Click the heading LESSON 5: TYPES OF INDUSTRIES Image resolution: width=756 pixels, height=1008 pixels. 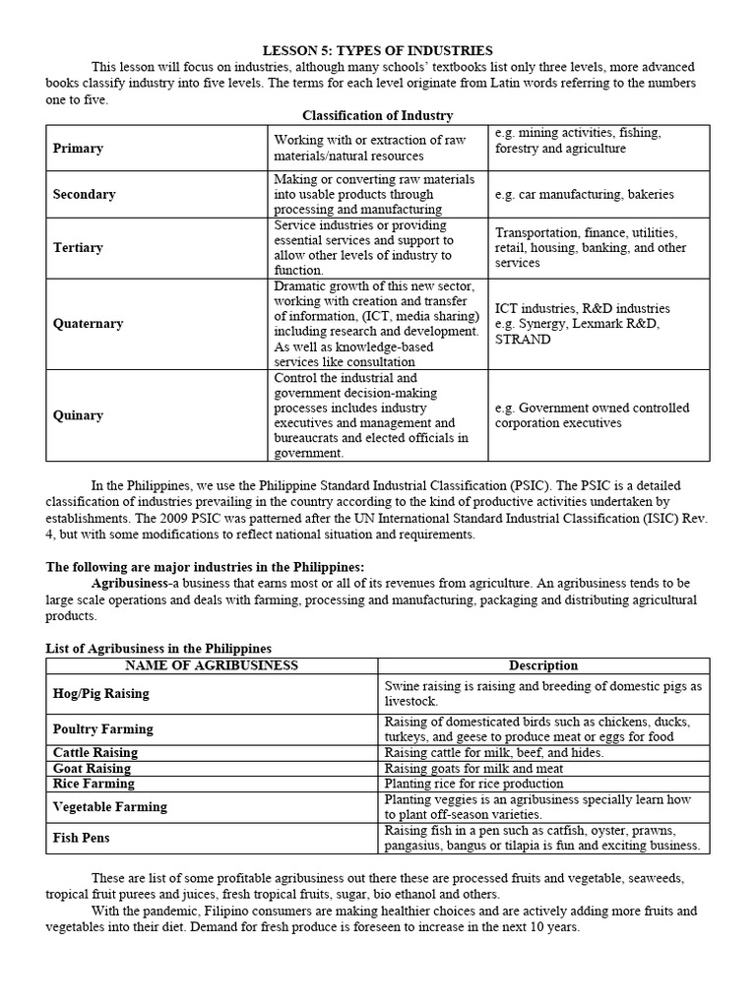(x=377, y=50)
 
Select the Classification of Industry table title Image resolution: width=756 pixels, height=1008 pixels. (x=377, y=115)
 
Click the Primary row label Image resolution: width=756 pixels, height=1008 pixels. (x=78, y=149)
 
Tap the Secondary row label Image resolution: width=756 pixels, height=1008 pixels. (x=84, y=194)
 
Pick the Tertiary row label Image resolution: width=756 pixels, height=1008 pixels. (x=78, y=248)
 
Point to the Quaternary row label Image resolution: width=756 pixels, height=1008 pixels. (x=88, y=324)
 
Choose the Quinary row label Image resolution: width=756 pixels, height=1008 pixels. (x=78, y=415)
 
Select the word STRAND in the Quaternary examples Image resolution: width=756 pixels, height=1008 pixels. (x=523, y=340)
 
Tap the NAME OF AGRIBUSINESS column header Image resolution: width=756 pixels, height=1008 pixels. (x=212, y=666)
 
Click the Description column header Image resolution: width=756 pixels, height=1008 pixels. (x=543, y=666)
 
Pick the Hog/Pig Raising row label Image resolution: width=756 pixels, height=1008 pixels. (x=100, y=694)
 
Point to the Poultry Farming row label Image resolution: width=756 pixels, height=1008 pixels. (x=102, y=729)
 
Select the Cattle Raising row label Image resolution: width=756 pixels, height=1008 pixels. (x=94, y=753)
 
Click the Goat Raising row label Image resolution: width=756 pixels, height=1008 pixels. (x=92, y=769)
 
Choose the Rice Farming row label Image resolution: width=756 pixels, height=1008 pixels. (x=94, y=785)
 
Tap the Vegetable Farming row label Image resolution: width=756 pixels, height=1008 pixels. (x=109, y=807)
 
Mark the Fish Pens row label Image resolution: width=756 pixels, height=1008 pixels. (x=81, y=839)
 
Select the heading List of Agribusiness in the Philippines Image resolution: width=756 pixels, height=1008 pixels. (x=159, y=649)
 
